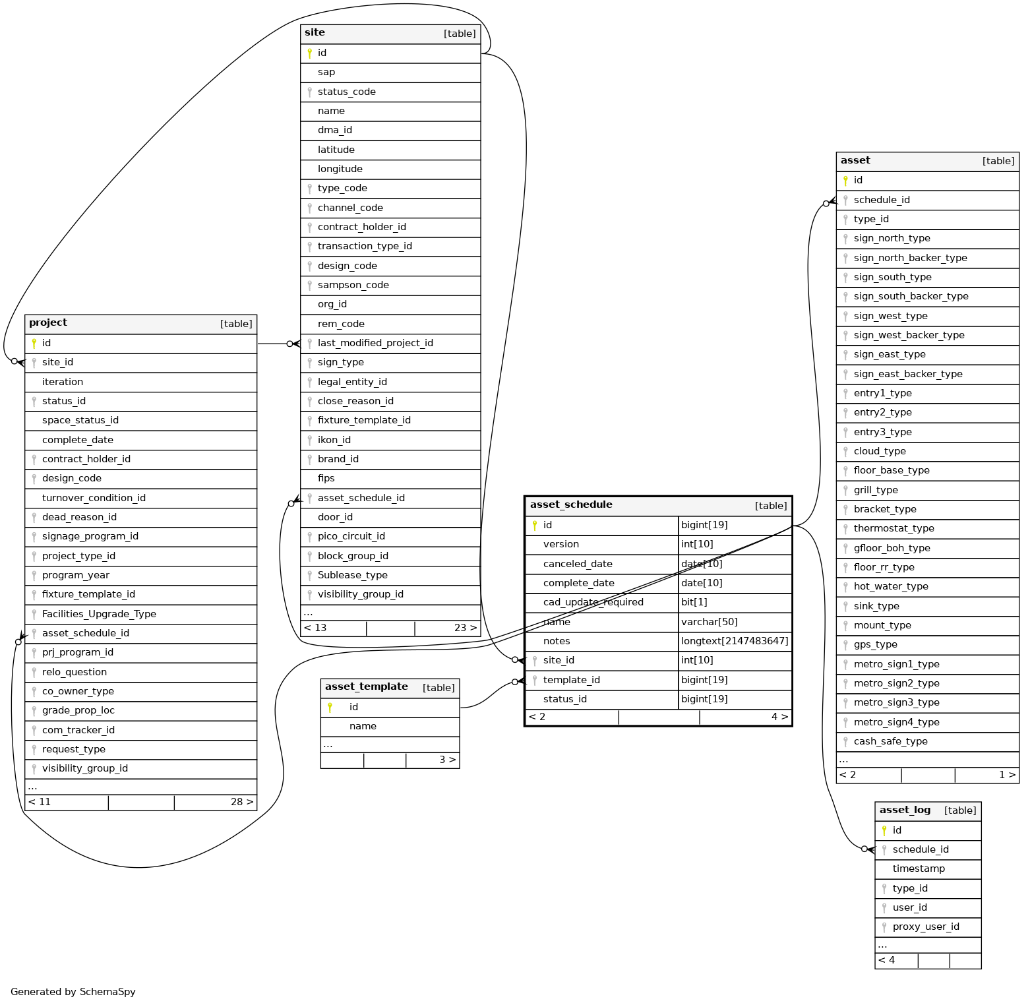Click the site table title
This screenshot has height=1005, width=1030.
(315, 32)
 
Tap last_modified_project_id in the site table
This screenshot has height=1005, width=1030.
(375, 343)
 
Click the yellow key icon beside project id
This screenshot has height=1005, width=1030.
(34, 343)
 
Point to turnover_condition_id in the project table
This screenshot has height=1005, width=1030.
(94, 498)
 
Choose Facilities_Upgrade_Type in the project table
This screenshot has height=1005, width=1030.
(99, 614)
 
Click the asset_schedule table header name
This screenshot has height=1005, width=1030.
(571, 504)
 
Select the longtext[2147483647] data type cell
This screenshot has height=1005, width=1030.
(735, 641)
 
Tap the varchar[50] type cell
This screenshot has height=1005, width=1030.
(709, 622)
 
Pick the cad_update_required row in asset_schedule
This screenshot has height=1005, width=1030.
(593, 602)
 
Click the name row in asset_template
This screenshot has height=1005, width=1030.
(363, 726)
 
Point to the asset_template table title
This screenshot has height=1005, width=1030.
(366, 686)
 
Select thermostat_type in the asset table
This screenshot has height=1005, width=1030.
(894, 528)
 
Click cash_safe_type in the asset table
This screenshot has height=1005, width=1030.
(890, 741)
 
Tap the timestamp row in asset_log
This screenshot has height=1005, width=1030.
(919, 868)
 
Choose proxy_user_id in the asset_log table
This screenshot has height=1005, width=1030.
(926, 927)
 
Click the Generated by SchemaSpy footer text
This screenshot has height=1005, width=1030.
(73, 992)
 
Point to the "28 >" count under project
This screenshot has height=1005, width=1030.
(241, 802)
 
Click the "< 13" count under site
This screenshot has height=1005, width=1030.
(315, 628)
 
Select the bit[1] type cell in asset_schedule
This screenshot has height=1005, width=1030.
(694, 602)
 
